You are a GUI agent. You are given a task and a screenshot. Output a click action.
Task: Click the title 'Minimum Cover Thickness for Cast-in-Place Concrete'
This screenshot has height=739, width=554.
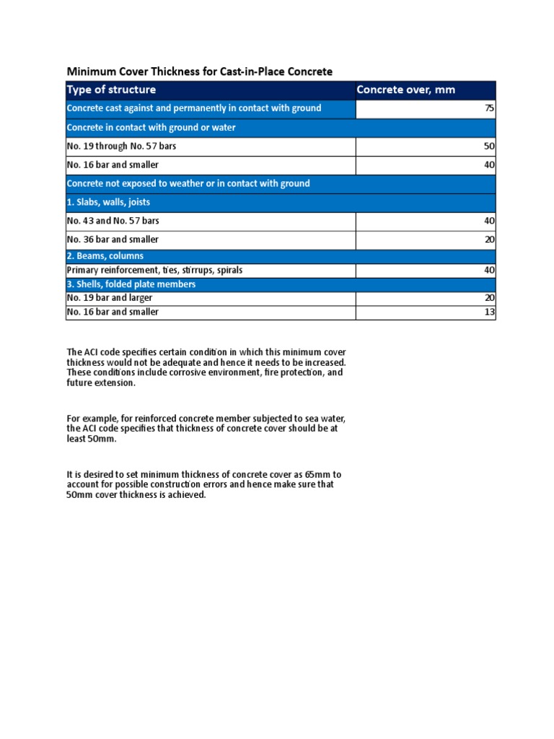pos(200,71)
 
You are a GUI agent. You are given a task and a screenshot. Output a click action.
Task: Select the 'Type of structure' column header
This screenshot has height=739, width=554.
pos(111,89)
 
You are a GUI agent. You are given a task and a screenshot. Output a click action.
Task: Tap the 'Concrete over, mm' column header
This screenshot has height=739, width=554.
pos(405,89)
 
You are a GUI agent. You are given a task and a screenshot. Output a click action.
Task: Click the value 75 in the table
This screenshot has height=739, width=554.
pos(489,108)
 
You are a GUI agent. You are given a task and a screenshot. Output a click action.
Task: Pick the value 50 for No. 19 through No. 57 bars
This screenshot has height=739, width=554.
pos(489,147)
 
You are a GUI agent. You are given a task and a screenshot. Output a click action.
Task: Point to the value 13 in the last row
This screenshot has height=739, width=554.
pos(489,312)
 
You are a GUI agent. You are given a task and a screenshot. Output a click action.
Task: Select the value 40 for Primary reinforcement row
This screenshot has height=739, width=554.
pos(489,271)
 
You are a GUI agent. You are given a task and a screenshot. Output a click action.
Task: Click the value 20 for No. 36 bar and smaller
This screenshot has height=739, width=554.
pos(489,240)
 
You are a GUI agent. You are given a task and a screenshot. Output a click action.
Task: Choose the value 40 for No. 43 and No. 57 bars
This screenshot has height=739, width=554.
pos(489,221)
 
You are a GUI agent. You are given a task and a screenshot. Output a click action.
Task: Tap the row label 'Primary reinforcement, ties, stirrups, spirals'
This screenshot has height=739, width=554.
pos(154,271)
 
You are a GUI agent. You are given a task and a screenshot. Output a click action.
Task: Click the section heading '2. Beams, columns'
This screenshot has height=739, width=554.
pos(105,256)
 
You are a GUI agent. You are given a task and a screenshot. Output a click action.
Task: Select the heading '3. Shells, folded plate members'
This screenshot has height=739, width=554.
pos(131,284)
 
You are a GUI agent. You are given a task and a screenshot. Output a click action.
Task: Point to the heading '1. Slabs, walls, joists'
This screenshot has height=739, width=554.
pos(108,202)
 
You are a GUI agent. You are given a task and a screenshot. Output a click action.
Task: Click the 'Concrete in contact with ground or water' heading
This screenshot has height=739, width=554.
pos(151,128)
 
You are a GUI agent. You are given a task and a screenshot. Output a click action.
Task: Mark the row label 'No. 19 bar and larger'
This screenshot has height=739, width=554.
pos(110,297)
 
